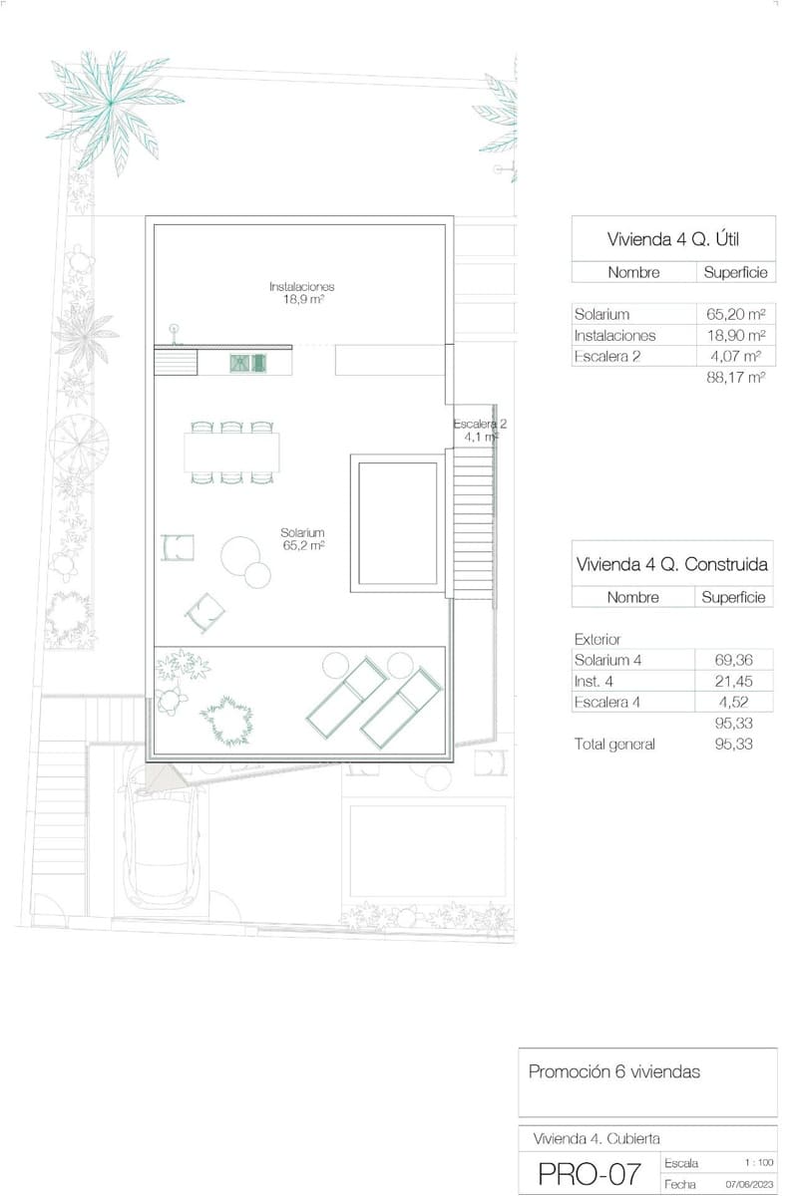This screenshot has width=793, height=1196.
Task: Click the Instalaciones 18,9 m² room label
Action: click(301, 292)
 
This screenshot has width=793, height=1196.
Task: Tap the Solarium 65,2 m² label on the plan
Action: click(302, 539)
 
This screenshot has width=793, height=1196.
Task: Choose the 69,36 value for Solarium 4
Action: click(734, 660)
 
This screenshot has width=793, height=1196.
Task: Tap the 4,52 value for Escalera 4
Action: click(734, 702)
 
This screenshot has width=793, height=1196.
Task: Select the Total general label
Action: click(614, 745)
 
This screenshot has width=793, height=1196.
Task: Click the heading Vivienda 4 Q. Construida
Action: click(672, 564)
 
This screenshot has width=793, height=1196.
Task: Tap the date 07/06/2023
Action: click(749, 1185)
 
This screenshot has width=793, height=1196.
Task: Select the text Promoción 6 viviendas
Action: click(613, 1072)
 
